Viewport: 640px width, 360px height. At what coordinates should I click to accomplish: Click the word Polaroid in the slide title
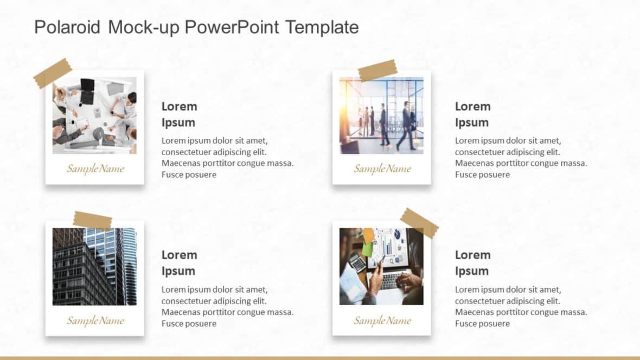(x=67, y=27)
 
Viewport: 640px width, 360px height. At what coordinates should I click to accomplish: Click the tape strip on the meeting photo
(x=53, y=73)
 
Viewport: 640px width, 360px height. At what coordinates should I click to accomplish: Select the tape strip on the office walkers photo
(x=377, y=70)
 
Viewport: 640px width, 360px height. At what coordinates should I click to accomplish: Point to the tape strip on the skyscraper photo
(x=92, y=221)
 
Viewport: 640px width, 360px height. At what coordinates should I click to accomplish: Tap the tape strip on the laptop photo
(x=419, y=223)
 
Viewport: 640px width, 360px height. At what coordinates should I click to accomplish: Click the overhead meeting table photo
(x=94, y=115)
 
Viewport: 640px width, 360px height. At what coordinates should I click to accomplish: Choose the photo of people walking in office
(x=381, y=115)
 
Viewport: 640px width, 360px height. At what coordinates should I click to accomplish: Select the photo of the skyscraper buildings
(x=94, y=266)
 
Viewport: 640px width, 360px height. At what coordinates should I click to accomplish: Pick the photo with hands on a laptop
(x=381, y=266)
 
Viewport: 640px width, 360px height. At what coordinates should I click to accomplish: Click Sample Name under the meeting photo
(x=95, y=169)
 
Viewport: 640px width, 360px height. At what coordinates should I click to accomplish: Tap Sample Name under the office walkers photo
(x=382, y=169)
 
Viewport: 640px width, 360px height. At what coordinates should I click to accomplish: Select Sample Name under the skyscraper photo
(x=95, y=320)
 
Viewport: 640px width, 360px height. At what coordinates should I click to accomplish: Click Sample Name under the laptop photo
(x=382, y=320)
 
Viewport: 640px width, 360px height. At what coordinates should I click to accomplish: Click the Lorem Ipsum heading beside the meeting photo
(x=179, y=114)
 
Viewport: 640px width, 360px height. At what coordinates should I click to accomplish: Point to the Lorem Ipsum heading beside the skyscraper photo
(x=179, y=262)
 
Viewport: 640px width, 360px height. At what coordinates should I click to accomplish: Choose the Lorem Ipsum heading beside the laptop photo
(x=472, y=262)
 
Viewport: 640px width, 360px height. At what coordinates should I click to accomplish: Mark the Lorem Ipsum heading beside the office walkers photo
(x=472, y=114)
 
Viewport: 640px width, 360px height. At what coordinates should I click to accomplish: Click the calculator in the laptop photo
(x=357, y=262)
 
